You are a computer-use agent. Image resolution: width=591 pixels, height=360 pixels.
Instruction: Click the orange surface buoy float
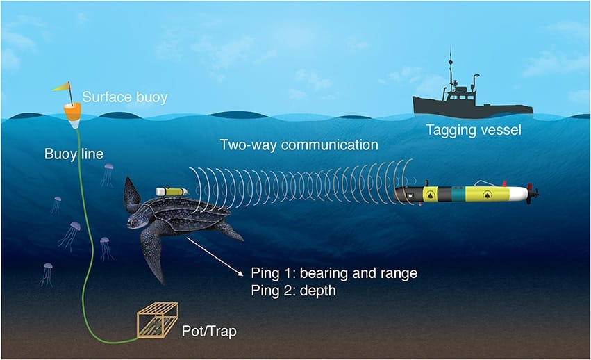[x=72, y=112]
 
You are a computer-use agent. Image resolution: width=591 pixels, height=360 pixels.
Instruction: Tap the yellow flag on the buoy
[x=60, y=87]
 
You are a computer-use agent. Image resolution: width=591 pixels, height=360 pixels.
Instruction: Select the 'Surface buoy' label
[x=125, y=97]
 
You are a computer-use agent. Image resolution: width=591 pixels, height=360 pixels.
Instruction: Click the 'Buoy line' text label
[x=74, y=154]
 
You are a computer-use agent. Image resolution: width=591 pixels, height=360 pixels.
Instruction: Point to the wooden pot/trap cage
[x=158, y=320]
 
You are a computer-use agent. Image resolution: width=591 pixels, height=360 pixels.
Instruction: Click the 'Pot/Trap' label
[x=209, y=331]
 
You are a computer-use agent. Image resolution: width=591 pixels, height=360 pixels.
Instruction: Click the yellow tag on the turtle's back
[x=172, y=191]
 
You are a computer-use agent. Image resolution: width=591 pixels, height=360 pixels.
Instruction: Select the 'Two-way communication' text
[x=299, y=145]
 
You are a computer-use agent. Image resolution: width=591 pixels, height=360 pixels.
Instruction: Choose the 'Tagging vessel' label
[x=474, y=130]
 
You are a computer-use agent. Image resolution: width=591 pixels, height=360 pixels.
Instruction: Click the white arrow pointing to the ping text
[x=215, y=257]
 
